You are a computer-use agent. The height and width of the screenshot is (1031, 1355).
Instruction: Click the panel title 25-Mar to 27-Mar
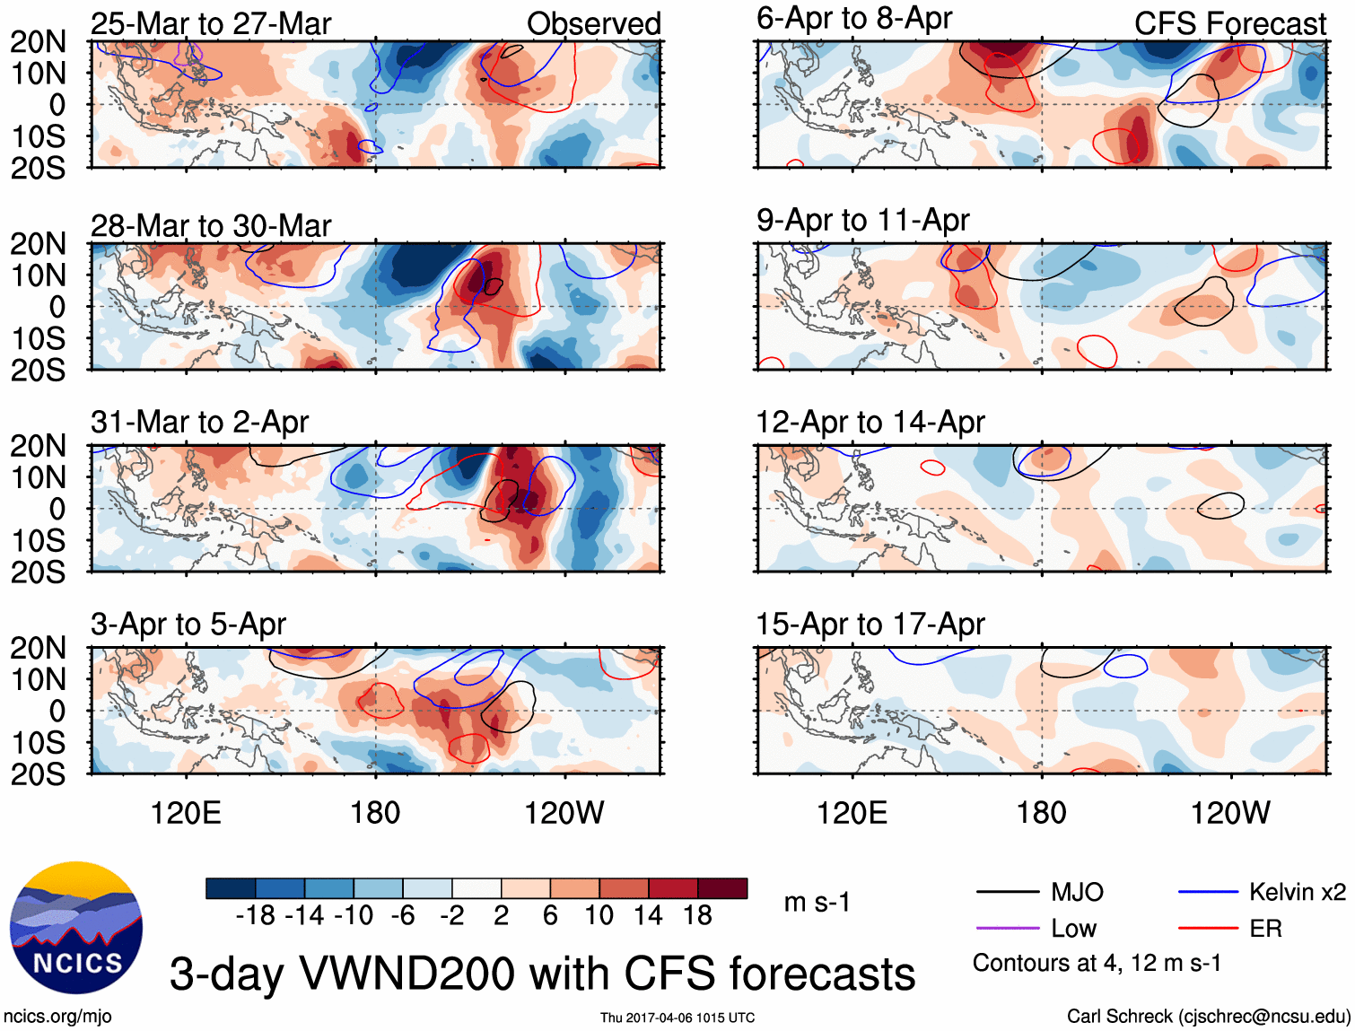tap(211, 23)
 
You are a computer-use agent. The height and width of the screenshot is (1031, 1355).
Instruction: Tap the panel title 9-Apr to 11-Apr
tap(862, 220)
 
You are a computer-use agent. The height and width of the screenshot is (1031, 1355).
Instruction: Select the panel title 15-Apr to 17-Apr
tap(870, 624)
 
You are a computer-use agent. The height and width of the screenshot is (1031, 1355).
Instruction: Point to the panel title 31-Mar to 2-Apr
tap(199, 422)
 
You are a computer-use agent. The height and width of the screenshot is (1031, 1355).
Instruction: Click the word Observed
tap(593, 23)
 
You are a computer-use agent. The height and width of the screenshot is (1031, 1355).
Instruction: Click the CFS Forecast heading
tap(1229, 23)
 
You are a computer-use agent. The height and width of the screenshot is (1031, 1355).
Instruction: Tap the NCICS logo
tap(76, 928)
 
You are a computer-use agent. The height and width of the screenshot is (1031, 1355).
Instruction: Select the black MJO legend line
tap(1007, 892)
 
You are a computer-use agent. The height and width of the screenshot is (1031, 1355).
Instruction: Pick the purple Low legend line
tap(1007, 929)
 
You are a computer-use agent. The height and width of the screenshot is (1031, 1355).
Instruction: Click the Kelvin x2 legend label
tap(1297, 892)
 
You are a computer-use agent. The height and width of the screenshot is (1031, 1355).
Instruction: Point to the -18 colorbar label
tap(255, 915)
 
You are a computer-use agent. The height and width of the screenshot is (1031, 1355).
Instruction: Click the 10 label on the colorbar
tap(599, 915)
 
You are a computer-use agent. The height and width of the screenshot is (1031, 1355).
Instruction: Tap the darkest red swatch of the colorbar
tap(722, 888)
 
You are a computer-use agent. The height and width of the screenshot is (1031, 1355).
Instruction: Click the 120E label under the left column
tap(186, 813)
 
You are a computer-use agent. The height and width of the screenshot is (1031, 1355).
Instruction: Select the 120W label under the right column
tap(1230, 813)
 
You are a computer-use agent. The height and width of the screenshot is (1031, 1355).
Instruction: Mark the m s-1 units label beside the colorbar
tap(817, 902)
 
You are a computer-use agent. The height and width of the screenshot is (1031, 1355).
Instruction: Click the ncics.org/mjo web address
tap(57, 1017)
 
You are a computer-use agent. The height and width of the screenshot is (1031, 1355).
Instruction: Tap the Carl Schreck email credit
tap(1208, 1017)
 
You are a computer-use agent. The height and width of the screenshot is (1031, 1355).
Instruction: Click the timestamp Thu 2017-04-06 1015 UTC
tap(677, 1018)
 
